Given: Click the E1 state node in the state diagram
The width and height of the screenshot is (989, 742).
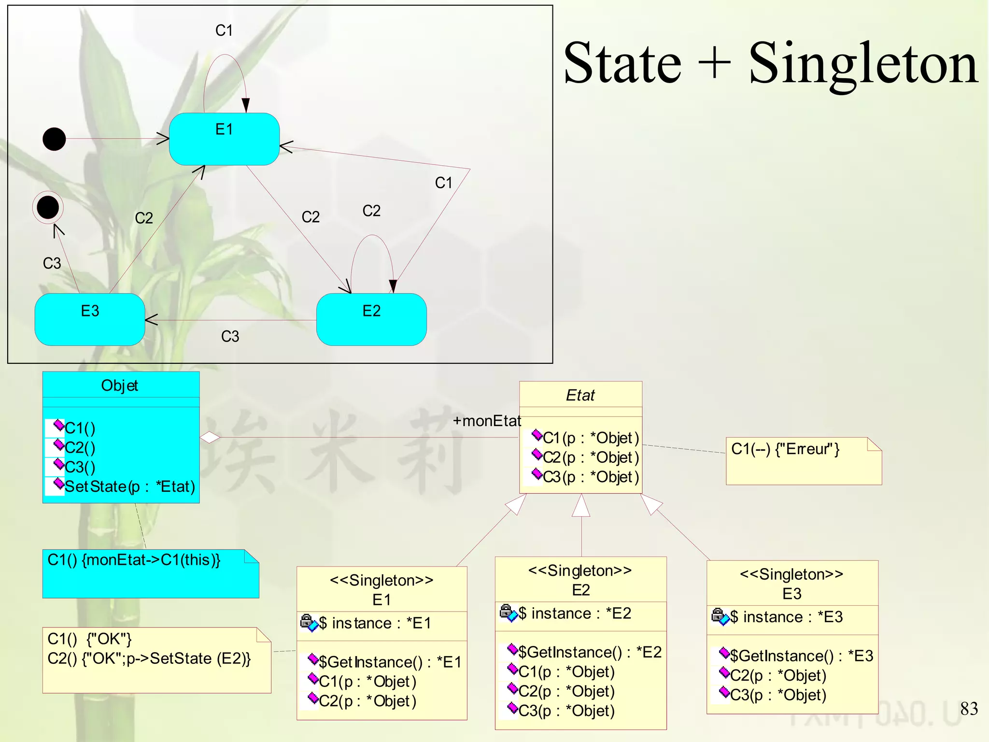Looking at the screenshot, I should [x=224, y=139].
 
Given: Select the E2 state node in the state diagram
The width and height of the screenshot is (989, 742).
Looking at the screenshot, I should [x=371, y=319].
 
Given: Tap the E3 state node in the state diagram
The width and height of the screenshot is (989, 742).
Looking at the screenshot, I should [x=90, y=319].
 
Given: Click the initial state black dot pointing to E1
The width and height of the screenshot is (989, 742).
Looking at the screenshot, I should [x=54, y=139].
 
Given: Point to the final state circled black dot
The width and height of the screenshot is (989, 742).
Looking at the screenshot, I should [x=48, y=207].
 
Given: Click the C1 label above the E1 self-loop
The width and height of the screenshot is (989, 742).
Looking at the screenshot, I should [x=224, y=30].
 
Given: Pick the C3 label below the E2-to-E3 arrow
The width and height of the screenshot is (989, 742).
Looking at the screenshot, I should [x=230, y=336].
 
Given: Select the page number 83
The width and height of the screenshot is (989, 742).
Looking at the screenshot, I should [x=969, y=709].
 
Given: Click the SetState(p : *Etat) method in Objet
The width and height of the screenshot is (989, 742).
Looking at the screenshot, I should [x=129, y=486].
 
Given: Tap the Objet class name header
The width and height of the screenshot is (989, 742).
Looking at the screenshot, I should [x=120, y=385].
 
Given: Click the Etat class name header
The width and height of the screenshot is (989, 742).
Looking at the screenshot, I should [x=580, y=395].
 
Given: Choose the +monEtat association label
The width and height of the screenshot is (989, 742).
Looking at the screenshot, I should [x=487, y=421].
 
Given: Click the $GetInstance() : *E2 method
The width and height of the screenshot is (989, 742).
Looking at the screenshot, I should [x=589, y=653].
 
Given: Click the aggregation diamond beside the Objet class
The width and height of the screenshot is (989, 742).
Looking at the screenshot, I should [x=210, y=438].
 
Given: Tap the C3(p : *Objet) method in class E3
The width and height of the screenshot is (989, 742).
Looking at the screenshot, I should [x=777, y=695].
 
